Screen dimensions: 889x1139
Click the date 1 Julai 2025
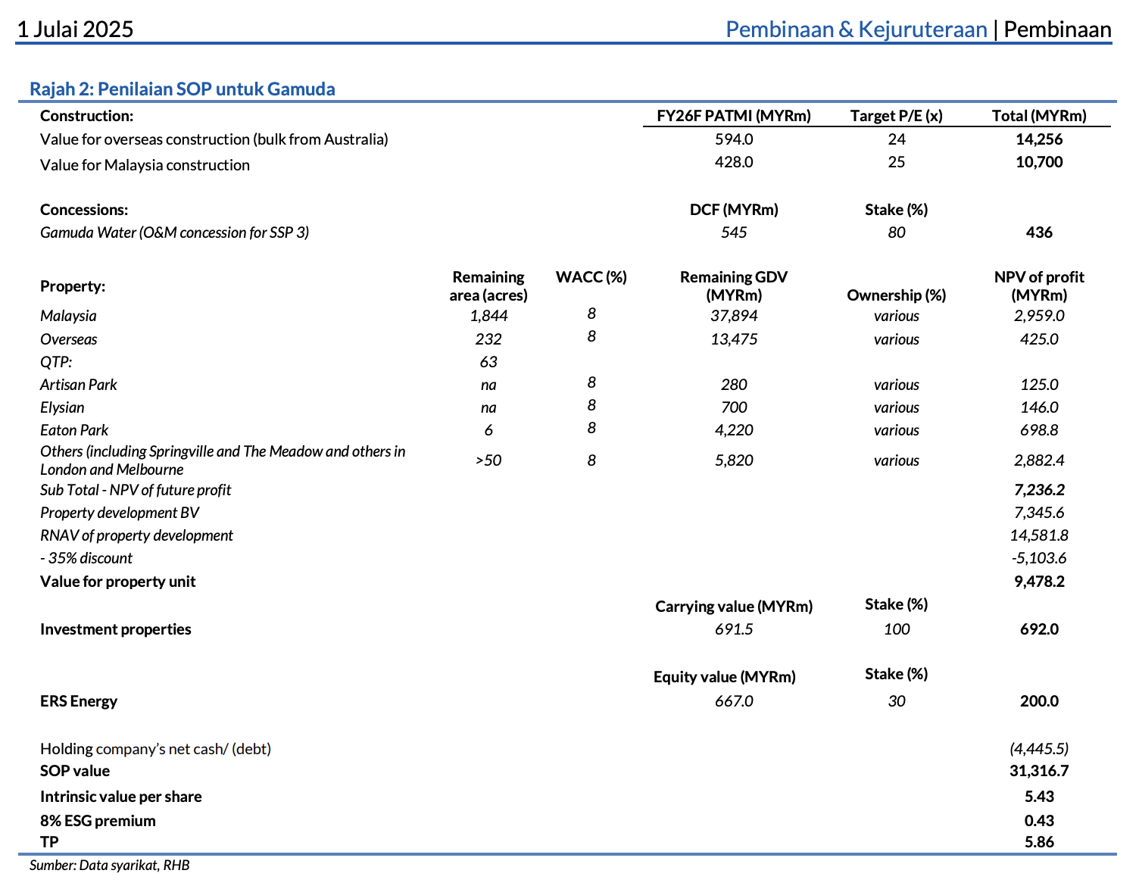click(x=75, y=30)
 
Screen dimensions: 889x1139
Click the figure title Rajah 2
click(x=182, y=89)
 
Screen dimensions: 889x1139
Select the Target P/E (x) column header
click(x=896, y=116)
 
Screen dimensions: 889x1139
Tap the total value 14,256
click(x=1039, y=139)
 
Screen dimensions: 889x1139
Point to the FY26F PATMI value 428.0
click(x=734, y=162)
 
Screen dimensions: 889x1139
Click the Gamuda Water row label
click(x=174, y=232)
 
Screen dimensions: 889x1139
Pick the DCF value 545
click(x=734, y=232)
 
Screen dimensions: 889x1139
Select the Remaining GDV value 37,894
click(x=734, y=316)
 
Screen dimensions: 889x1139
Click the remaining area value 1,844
click(x=488, y=316)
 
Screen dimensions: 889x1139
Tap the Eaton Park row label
click(x=74, y=430)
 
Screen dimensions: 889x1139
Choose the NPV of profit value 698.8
click(x=1039, y=430)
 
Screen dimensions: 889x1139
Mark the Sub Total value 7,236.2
click(x=1039, y=490)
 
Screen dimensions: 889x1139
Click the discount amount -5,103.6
click(x=1039, y=558)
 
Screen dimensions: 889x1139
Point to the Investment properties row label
click(x=115, y=629)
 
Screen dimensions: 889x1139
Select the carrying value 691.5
click(x=734, y=629)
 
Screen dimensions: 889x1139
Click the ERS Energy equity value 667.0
click(x=734, y=701)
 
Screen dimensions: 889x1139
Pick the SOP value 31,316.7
click(x=1039, y=771)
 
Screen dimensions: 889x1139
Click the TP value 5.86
click(x=1039, y=842)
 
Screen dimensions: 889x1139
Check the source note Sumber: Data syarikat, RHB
click(x=109, y=866)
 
